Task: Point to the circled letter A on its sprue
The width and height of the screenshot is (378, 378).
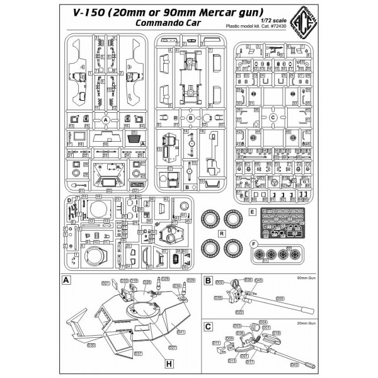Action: click(x=105, y=119)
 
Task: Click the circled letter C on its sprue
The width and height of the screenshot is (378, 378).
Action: click(x=272, y=117)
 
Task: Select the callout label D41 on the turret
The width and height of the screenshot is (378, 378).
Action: click(x=181, y=331)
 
